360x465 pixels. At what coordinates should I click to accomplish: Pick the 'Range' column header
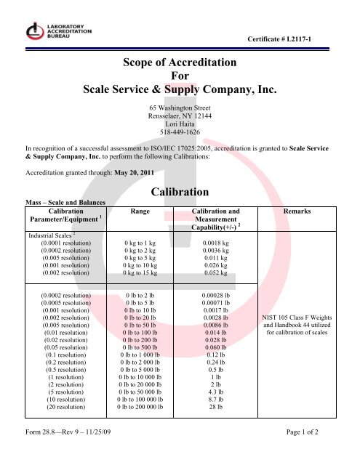pyautogui.click(x=143, y=211)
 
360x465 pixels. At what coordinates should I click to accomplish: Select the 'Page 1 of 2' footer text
pyautogui.click(x=323, y=454)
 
